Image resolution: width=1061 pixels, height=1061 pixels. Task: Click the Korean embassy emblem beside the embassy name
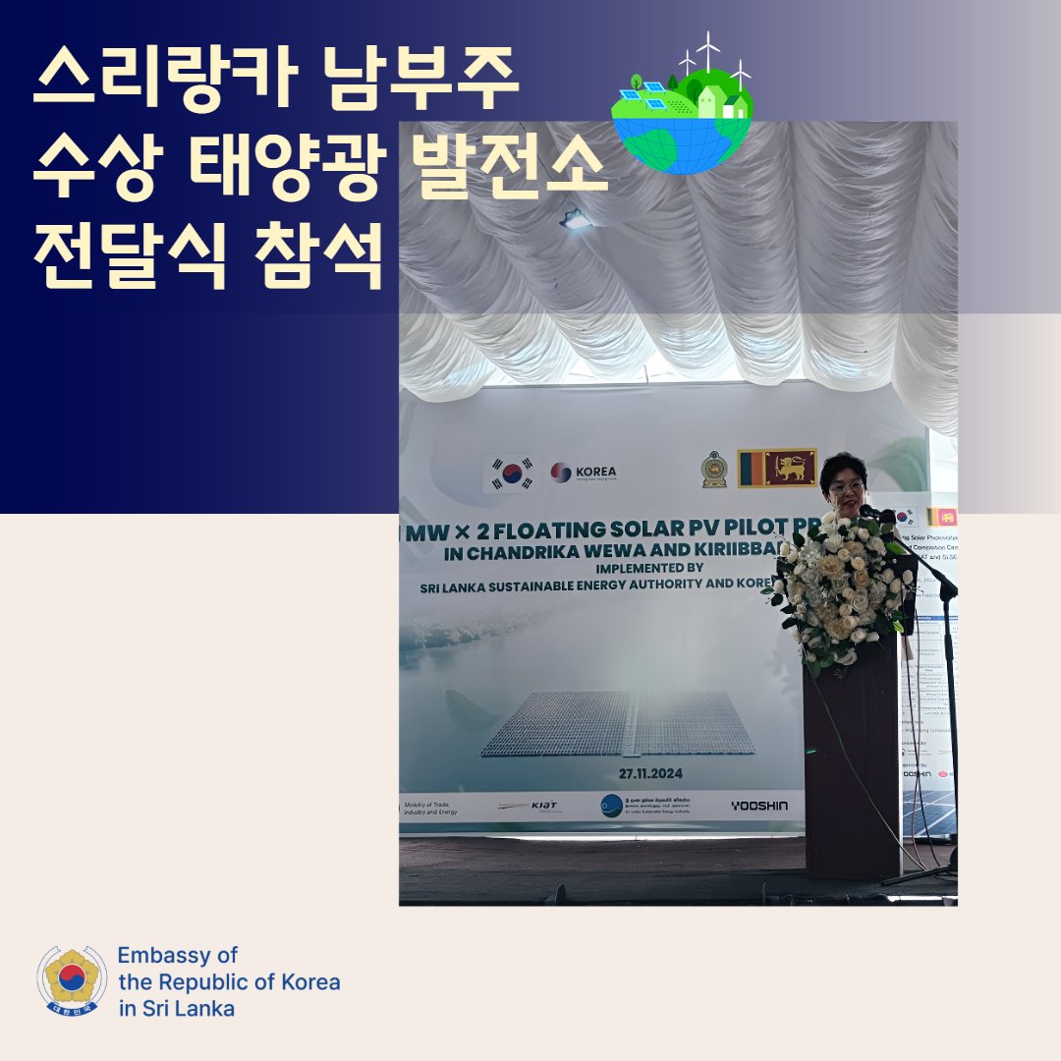pyautogui.click(x=72, y=980)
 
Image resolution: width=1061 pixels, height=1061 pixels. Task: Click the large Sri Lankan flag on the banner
pyautogui.click(x=777, y=469)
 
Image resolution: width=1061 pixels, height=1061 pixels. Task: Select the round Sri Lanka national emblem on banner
pyautogui.click(x=715, y=470)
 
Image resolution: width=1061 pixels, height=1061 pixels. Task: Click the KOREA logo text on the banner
pyautogui.click(x=595, y=472)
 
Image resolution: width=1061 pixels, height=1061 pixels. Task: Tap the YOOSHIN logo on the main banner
pyautogui.click(x=758, y=806)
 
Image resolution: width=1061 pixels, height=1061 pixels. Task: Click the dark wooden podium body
pyautogui.click(x=851, y=766)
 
